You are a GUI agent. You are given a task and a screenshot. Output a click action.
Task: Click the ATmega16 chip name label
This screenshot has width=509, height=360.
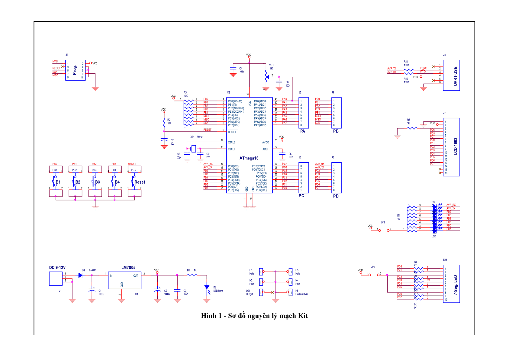pos(249,158)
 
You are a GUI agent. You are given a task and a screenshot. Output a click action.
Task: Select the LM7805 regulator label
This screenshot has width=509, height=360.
pos(128,268)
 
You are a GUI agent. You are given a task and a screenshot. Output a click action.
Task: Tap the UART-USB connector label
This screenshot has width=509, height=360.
pos(456,76)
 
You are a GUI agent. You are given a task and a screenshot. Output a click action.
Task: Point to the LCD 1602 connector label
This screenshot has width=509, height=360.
pos(456,146)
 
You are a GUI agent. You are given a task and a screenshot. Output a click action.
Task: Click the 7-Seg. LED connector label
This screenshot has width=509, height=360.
pos(456,285)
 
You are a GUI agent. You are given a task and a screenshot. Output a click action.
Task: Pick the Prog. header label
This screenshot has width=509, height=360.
pos(75,70)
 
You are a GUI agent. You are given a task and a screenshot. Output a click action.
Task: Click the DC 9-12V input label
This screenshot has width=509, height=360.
pos(57,268)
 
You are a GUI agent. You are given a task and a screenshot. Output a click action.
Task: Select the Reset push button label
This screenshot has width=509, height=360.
pos(140,182)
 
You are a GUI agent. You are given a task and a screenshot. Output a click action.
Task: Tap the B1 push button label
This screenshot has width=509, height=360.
pos(58,182)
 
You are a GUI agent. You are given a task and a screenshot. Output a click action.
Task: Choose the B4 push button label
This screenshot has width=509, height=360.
pos(117,182)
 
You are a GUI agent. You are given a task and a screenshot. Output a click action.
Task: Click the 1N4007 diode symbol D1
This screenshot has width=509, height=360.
pos(80,275)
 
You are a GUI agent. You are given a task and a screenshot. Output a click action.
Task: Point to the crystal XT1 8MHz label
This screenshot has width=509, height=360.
pos(196,137)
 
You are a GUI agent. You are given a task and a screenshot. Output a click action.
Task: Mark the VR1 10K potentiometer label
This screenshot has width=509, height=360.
pos(271,67)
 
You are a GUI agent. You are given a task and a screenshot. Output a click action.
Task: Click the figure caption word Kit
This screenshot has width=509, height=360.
pos(303,316)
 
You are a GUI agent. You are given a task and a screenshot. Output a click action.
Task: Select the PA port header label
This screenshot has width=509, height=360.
pos(303,131)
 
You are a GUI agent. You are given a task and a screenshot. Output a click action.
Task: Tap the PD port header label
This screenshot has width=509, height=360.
pos(336,196)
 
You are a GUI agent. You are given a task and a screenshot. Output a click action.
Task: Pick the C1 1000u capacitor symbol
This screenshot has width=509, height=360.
pos(92,290)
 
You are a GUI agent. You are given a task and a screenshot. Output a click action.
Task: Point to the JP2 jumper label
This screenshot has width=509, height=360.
pos(373,267)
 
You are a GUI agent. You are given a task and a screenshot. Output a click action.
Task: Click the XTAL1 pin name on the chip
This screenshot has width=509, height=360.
pos(231,149)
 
